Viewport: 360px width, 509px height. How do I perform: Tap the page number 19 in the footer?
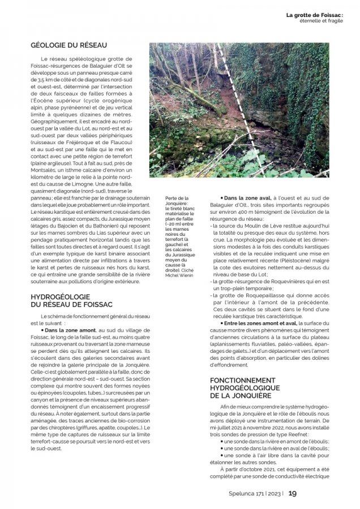coord(293,493)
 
